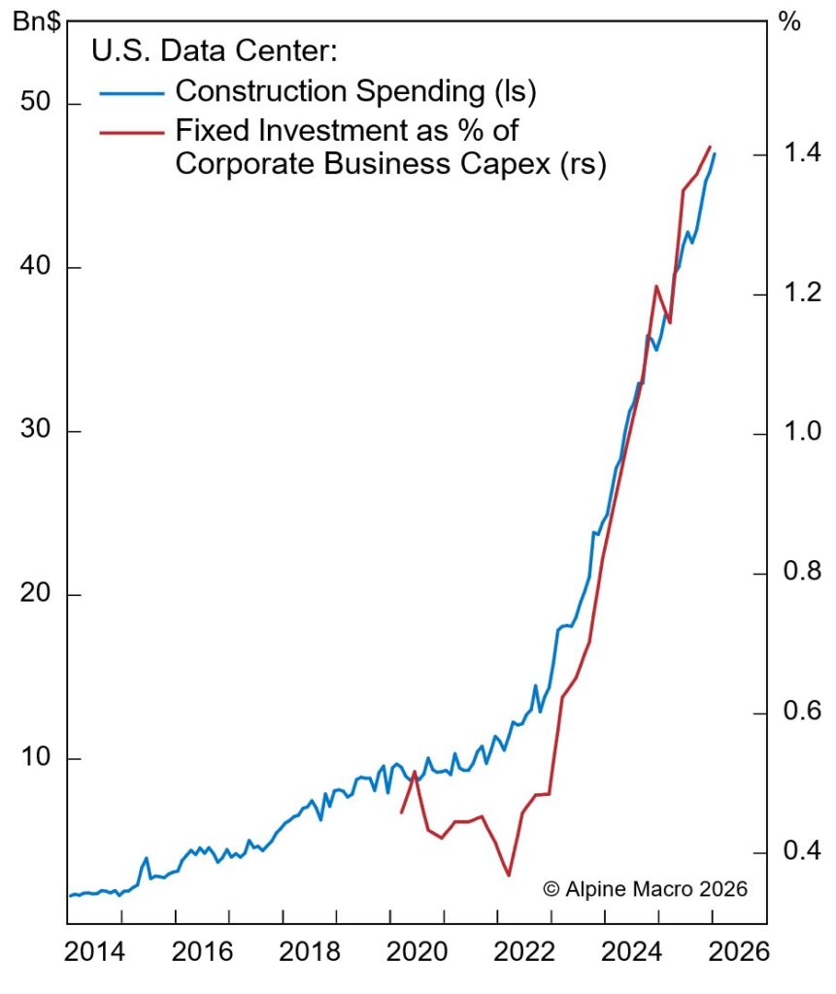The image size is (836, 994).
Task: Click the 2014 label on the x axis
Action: click(95, 952)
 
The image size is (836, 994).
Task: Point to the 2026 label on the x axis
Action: click(734, 952)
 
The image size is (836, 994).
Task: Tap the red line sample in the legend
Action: click(131, 130)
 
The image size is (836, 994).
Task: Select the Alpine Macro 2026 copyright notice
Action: click(645, 888)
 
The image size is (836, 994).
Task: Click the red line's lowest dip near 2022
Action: click(508, 876)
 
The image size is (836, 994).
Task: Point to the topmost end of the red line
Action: click(710, 147)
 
